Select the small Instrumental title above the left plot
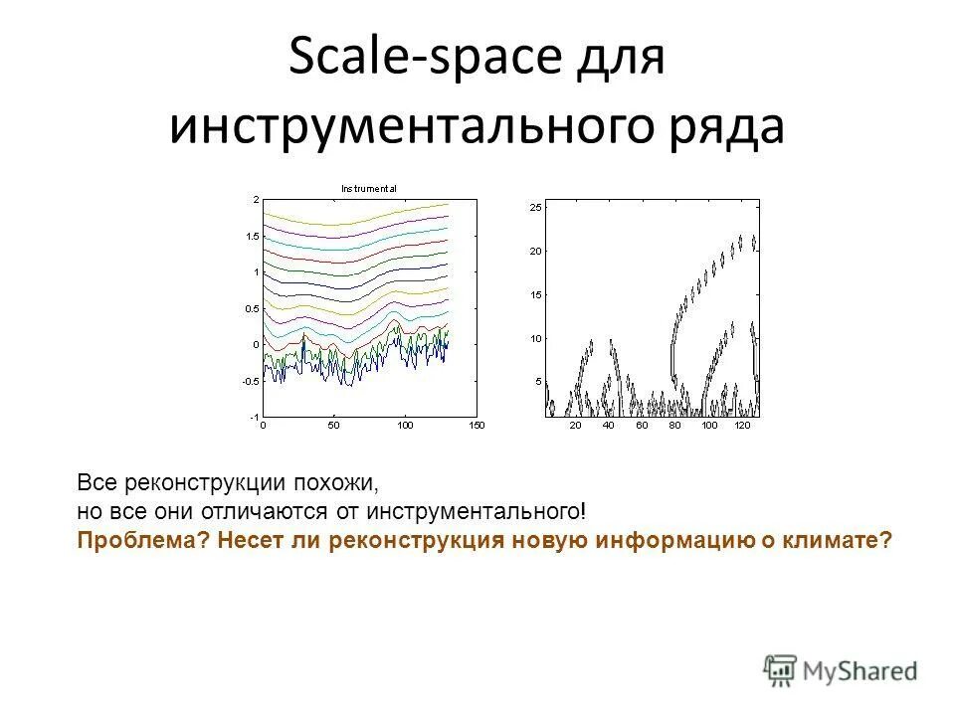[369, 188]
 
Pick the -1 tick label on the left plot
[253, 417]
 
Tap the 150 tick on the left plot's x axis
[476, 426]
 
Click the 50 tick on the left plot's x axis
[333, 426]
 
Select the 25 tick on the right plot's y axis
[534, 207]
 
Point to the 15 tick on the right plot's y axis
[534, 294]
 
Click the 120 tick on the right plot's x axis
[741, 426]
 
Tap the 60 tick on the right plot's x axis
[642, 426]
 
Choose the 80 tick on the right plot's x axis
[675, 426]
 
